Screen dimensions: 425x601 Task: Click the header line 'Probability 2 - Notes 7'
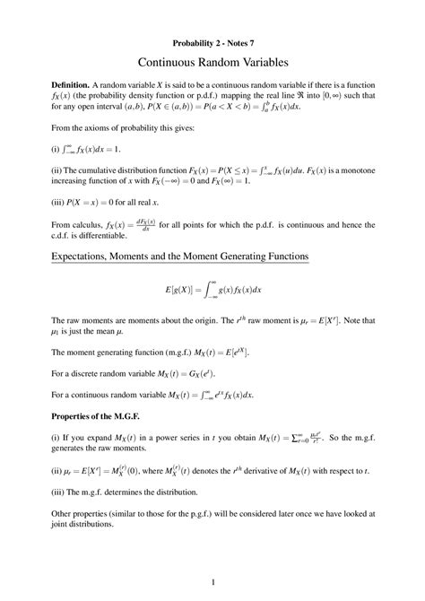coord(212,42)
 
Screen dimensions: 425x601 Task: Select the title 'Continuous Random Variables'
coord(212,64)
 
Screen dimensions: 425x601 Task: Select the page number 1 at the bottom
coord(212,579)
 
